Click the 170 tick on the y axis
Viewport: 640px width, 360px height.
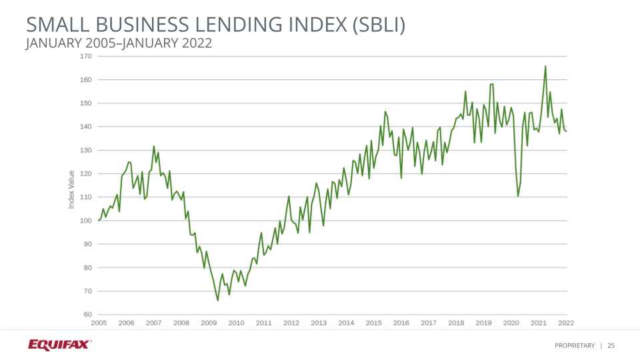[x=85, y=56]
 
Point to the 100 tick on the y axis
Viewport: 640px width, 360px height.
[x=85, y=221]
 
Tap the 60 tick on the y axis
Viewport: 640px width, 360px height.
[x=87, y=315]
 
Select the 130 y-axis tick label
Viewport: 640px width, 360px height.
[x=85, y=150]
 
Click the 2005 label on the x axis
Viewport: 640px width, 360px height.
[x=99, y=323]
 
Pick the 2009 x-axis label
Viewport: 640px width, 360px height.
[x=209, y=323]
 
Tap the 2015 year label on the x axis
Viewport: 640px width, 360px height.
[x=373, y=323]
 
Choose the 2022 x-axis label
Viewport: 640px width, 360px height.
[x=566, y=323]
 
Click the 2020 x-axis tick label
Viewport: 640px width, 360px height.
[x=511, y=323]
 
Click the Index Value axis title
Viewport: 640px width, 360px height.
[x=71, y=189]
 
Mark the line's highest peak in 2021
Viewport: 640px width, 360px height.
[x=545, y=66]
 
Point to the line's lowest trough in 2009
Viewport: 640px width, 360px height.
[x=218, y=301]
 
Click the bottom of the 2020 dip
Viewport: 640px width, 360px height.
[x=518, y=196]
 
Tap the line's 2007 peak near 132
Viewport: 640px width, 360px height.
[x=154, y=146]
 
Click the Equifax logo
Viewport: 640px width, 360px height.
[x=60, y=345]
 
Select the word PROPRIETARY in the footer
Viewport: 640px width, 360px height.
[x=575, y=345]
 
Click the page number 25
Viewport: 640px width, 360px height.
[x=611, y=345]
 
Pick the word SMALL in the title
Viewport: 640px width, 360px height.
[x=55, y=25]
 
